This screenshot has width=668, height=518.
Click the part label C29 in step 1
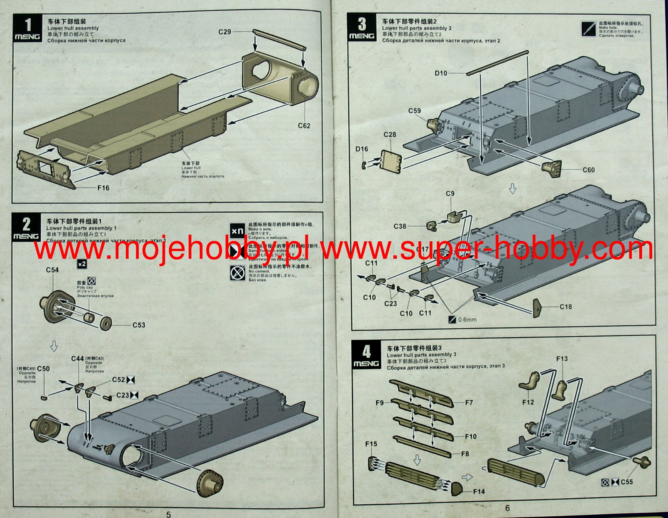pos(225,32)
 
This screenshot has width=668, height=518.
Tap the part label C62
pos(304,126)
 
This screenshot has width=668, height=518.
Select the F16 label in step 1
pos(103,188)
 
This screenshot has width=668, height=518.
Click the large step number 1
pos(28,25)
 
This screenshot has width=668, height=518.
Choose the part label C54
pos(52,270)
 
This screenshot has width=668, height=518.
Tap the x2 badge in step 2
pos(82,264)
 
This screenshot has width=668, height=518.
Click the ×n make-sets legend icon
pos(238,230)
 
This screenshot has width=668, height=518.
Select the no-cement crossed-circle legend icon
pos(238,273)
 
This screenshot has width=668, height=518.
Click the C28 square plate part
pos(391,161)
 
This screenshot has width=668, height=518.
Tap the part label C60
pos(588,170)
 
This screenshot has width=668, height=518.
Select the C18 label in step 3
pos(565,307)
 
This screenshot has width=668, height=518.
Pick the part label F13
pos(562,358)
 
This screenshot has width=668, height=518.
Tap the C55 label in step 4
pos(626,482)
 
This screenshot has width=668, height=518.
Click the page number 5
pos(168,514)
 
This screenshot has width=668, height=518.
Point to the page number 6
pos(507,508)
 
